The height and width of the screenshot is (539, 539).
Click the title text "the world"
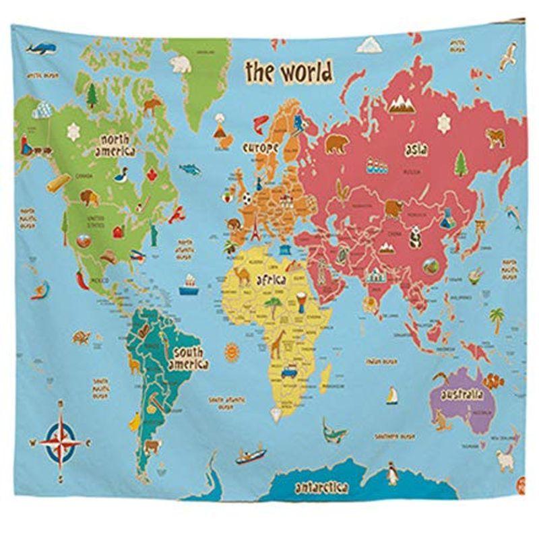click(x=288, y=71)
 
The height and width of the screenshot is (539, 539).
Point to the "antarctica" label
click(x=321, y=486)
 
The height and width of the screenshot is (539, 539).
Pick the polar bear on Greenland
click(x=180, y=64)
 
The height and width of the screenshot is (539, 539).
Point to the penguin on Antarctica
click(x=392, y=476)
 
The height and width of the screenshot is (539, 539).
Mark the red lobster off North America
click(x=177, y=216)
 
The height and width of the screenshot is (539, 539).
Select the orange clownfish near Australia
click(x=497, y=381)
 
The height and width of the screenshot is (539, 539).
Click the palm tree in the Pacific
click(x=497, y=317)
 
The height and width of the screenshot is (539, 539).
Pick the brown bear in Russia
click(x=336, y=144)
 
